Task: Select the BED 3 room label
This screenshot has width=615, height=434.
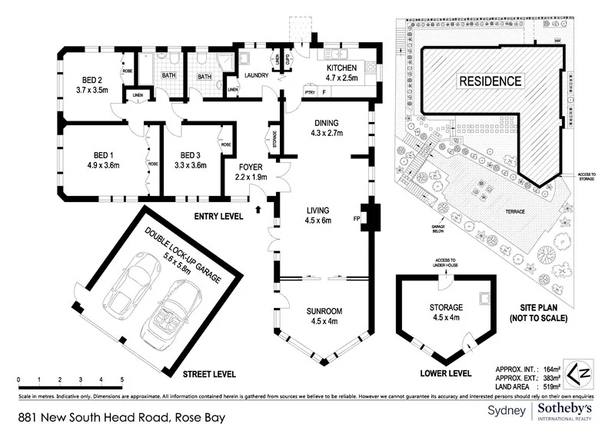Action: click(x=190, y=153)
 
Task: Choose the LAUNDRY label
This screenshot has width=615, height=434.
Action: click(x=257, y=75)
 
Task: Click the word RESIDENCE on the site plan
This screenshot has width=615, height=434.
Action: click(x=490, y=81)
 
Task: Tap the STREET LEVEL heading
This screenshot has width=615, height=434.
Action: click(x=208, y=375)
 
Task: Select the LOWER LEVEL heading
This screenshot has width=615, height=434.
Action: click(x=445, y=374)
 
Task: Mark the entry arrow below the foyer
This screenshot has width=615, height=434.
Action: click(x=258, y=208)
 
